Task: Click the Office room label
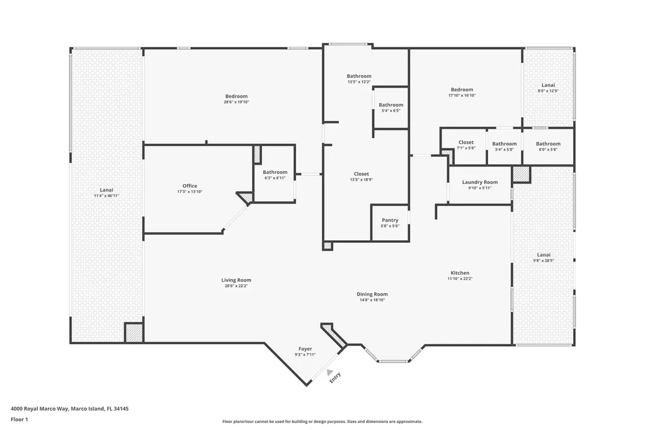[x=190, y=186]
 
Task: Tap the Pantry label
[x=390, y=220]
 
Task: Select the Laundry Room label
[x=479, y=182]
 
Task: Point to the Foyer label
[x=305, y=349]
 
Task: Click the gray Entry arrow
[x=329, y=373]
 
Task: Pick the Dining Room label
[x=372, y=294]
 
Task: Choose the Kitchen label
[x=460, y=273]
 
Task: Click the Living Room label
[x=236, y=280]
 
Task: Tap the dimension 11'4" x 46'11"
[x=106, y=196]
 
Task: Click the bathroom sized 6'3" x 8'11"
[x=275, y=172]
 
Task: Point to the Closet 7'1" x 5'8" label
[x=466, y=142]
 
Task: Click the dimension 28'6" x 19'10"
[x=236, y=102]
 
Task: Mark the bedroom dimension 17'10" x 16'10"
[x=462, y=96]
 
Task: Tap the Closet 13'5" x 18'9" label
[x=361, y=174]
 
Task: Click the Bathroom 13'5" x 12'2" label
[x=359, y=76]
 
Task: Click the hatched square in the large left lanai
[x=134, y=333]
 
